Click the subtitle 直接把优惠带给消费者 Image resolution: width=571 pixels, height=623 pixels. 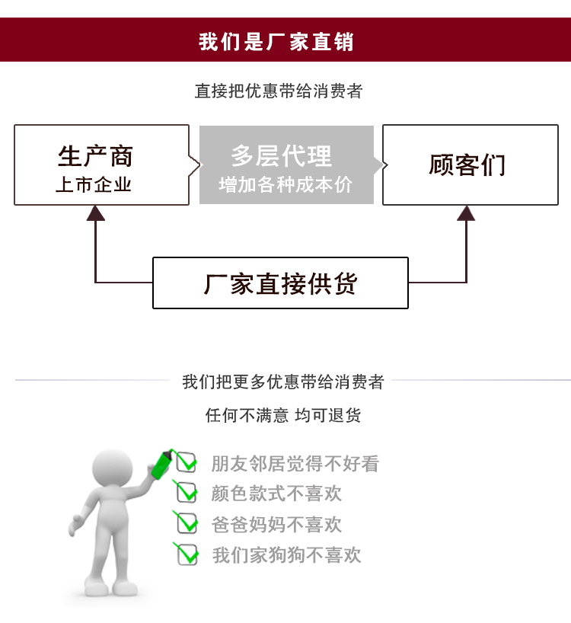click(x=279, y=91)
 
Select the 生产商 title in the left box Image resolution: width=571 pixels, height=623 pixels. click(x=95, y=156)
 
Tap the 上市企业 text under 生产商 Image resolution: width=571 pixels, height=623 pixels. click(x=94, y=185)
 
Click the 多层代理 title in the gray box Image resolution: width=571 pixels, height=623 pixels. click(x=282, y=156)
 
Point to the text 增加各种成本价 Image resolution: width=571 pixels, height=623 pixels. click(x=285, y=185)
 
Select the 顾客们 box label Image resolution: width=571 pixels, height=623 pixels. click(x=467, y=165)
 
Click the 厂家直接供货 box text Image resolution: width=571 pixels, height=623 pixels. click(x=280, y=283)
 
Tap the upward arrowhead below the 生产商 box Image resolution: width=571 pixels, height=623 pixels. click(x=95, y=212)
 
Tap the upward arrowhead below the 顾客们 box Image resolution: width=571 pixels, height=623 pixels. click(x=466, y=212)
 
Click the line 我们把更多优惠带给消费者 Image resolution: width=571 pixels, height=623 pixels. click(x=283, y=382)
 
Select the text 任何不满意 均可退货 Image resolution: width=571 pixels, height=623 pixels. click(x=283, y=415)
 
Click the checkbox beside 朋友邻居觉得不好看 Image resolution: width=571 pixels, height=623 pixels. click(x=186, y=462)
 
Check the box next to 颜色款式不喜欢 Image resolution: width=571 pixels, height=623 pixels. click(x=187, y=493)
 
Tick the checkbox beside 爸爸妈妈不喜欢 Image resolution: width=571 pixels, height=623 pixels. click(x=187, y=523)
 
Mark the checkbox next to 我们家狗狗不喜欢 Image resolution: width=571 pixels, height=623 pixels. click(x=187, y=554)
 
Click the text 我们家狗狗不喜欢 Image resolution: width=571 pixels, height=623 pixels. click(x=286, y=555)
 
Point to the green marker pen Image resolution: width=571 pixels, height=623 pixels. click(x=162, y=464)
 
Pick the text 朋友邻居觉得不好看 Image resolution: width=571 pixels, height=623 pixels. click(x=295, y=463)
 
